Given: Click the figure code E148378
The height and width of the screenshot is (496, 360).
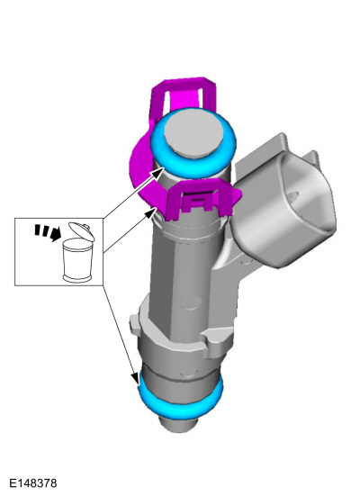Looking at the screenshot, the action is pos(33,483).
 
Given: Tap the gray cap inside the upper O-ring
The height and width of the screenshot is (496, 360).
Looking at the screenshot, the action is pos(193,132).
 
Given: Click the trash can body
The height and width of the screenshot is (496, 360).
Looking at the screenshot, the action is pos(76,260).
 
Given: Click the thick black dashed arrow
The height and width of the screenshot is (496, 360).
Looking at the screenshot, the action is pos(48,232).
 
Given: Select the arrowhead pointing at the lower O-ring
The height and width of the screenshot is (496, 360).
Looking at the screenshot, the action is pos(135,378).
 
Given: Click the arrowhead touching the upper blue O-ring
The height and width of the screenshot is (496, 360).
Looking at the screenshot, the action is pos(157,173).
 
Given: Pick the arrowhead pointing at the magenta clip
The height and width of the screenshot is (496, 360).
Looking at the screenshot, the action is pos(152,212).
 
